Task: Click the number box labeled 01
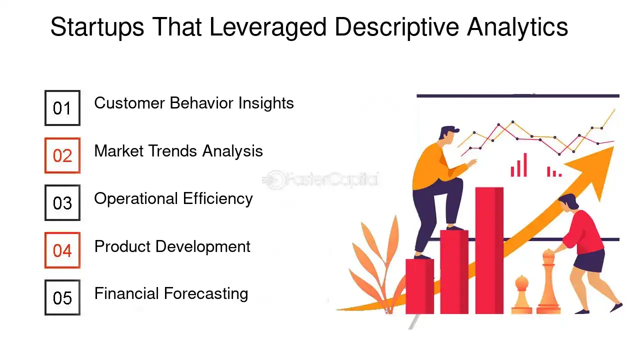[62, 108]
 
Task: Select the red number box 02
[62, 155]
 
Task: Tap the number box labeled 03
[62, 203]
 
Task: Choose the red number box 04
[62, 250]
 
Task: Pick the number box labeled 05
[62, 298]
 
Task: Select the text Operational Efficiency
[173, 198]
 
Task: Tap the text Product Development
[172, 246]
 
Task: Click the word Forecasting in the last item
[209, 293]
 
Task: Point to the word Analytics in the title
[517, 27]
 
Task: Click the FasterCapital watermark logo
[320, 179]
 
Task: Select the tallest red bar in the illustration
[489, 250]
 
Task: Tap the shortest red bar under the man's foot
[419, 286]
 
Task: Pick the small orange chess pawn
[521, 295]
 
